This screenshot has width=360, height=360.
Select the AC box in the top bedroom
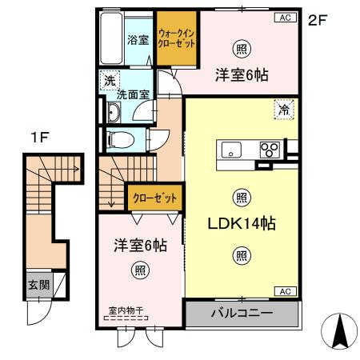(284, 16)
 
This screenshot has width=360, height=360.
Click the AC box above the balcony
(284, 290)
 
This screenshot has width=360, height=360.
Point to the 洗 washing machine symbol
(108, 80)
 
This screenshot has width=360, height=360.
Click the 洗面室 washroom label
(133, 94)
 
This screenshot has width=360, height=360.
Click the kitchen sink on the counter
(231, 149)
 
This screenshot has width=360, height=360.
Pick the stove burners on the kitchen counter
(268, 149)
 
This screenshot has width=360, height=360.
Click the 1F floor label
(39, 137)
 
